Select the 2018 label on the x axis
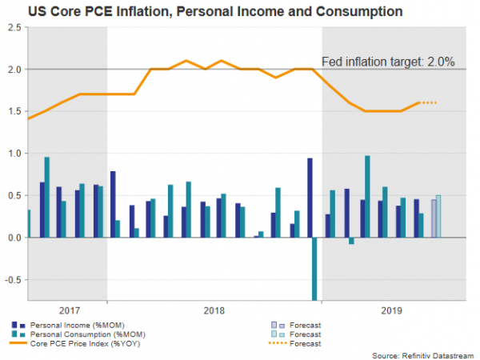pos(214,311)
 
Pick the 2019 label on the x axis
pos(393,311)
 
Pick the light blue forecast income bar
pos(434,218)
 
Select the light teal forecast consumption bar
pos(438,216)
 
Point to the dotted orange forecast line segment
pos(428,102)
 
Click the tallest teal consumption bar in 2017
pos(47,197)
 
